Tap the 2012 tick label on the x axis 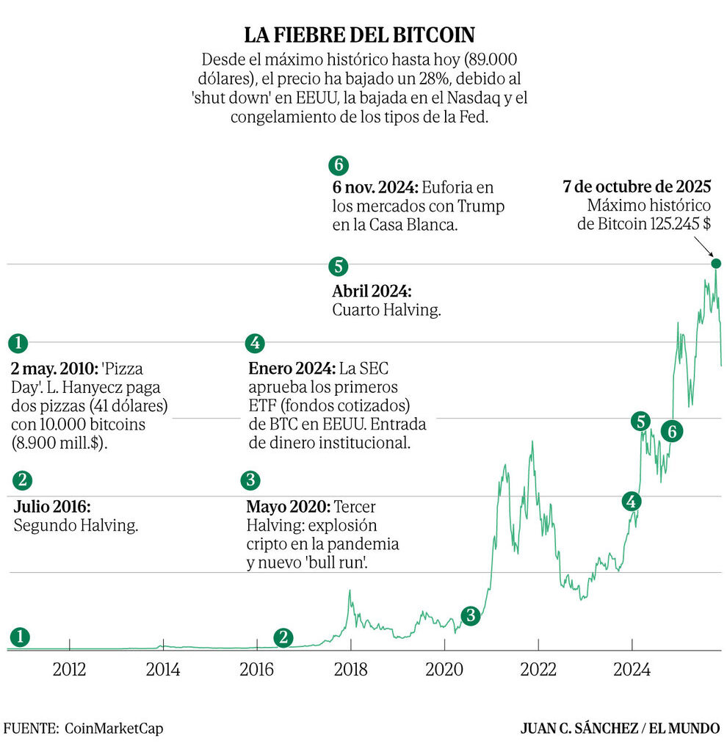coord(69,670)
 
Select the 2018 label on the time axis coord(350,670)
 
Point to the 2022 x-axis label coord(538,670)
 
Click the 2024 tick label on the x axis coord(632,670)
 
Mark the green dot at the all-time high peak coord(716,264)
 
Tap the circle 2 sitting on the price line coord(283,637)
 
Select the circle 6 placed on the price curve coord(670,432)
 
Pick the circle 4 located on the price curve coord(631,501)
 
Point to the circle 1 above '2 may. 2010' coord(18,343)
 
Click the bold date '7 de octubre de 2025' coord(637,187)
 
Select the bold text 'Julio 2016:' coord(52,507)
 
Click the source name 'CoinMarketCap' coord(114,728)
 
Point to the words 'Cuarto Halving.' coord(386,310)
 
